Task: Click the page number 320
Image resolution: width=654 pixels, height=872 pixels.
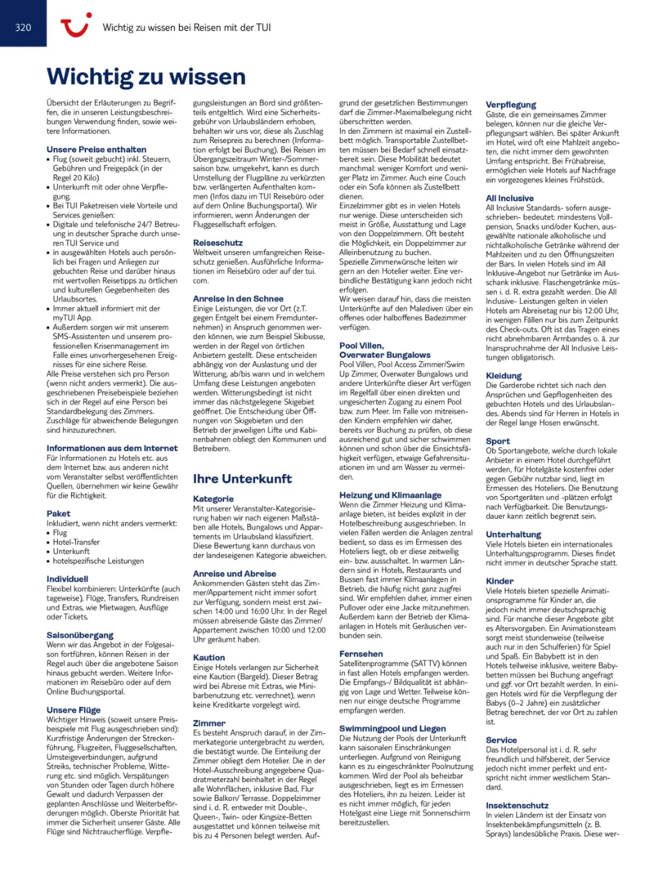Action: [23, 27]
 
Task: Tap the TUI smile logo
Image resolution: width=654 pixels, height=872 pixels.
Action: [76, 27]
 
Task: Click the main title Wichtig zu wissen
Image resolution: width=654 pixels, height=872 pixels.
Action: [146, 77]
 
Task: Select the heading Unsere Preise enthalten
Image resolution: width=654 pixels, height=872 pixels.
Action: [96, 150]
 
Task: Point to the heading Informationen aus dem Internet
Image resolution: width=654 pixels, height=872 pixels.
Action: [112, 448]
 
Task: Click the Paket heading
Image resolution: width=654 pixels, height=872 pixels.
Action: [59, 514]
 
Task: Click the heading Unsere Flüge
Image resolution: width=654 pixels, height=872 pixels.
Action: [74, 710]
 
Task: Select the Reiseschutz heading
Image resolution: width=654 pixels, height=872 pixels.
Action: [218, 244]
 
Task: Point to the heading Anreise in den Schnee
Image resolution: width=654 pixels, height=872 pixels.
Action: [239, 297]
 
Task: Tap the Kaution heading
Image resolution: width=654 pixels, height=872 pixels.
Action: [208, 657]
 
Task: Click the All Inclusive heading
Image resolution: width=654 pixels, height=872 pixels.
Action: [510, 197]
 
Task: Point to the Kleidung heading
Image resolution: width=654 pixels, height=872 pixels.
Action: [504, 376]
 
